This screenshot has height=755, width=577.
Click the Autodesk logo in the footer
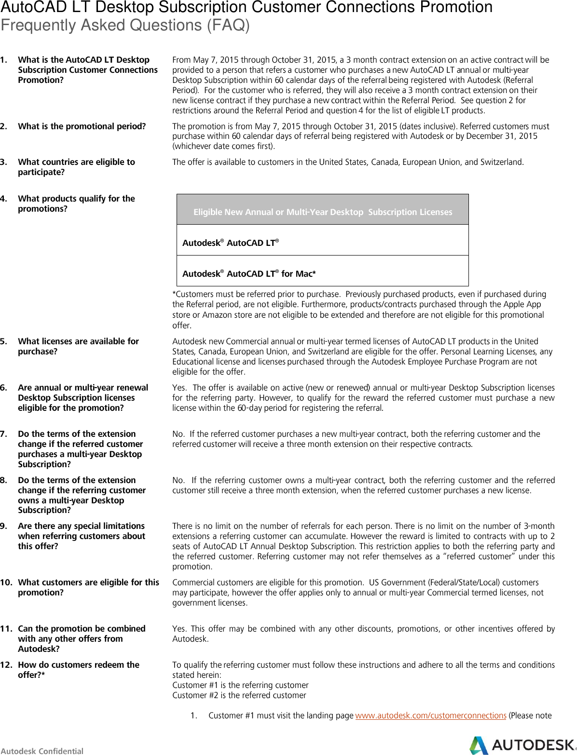click(522, 745)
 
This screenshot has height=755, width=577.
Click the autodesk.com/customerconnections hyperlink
click(430, 715)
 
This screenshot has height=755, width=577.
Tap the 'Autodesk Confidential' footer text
click(42, 751)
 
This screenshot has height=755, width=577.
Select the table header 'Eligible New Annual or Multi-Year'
click(322, 212)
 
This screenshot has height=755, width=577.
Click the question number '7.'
click(4, 434)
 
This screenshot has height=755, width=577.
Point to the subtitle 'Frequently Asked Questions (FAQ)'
click(125, 25)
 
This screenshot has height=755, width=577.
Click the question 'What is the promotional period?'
click(82, 126)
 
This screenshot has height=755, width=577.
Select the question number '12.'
click(6, 665)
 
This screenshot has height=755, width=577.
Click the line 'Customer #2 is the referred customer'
click(239, 695)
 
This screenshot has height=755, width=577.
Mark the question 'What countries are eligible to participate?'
click(76, 167)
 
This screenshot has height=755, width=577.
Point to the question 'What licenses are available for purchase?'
click(78, 346)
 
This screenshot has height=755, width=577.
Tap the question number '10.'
click(6, 582)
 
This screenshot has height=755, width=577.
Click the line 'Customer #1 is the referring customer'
click(240, 685)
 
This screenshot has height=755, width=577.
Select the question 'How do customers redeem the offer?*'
click(78, 670)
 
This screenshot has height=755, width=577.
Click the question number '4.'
click(4, 199)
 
